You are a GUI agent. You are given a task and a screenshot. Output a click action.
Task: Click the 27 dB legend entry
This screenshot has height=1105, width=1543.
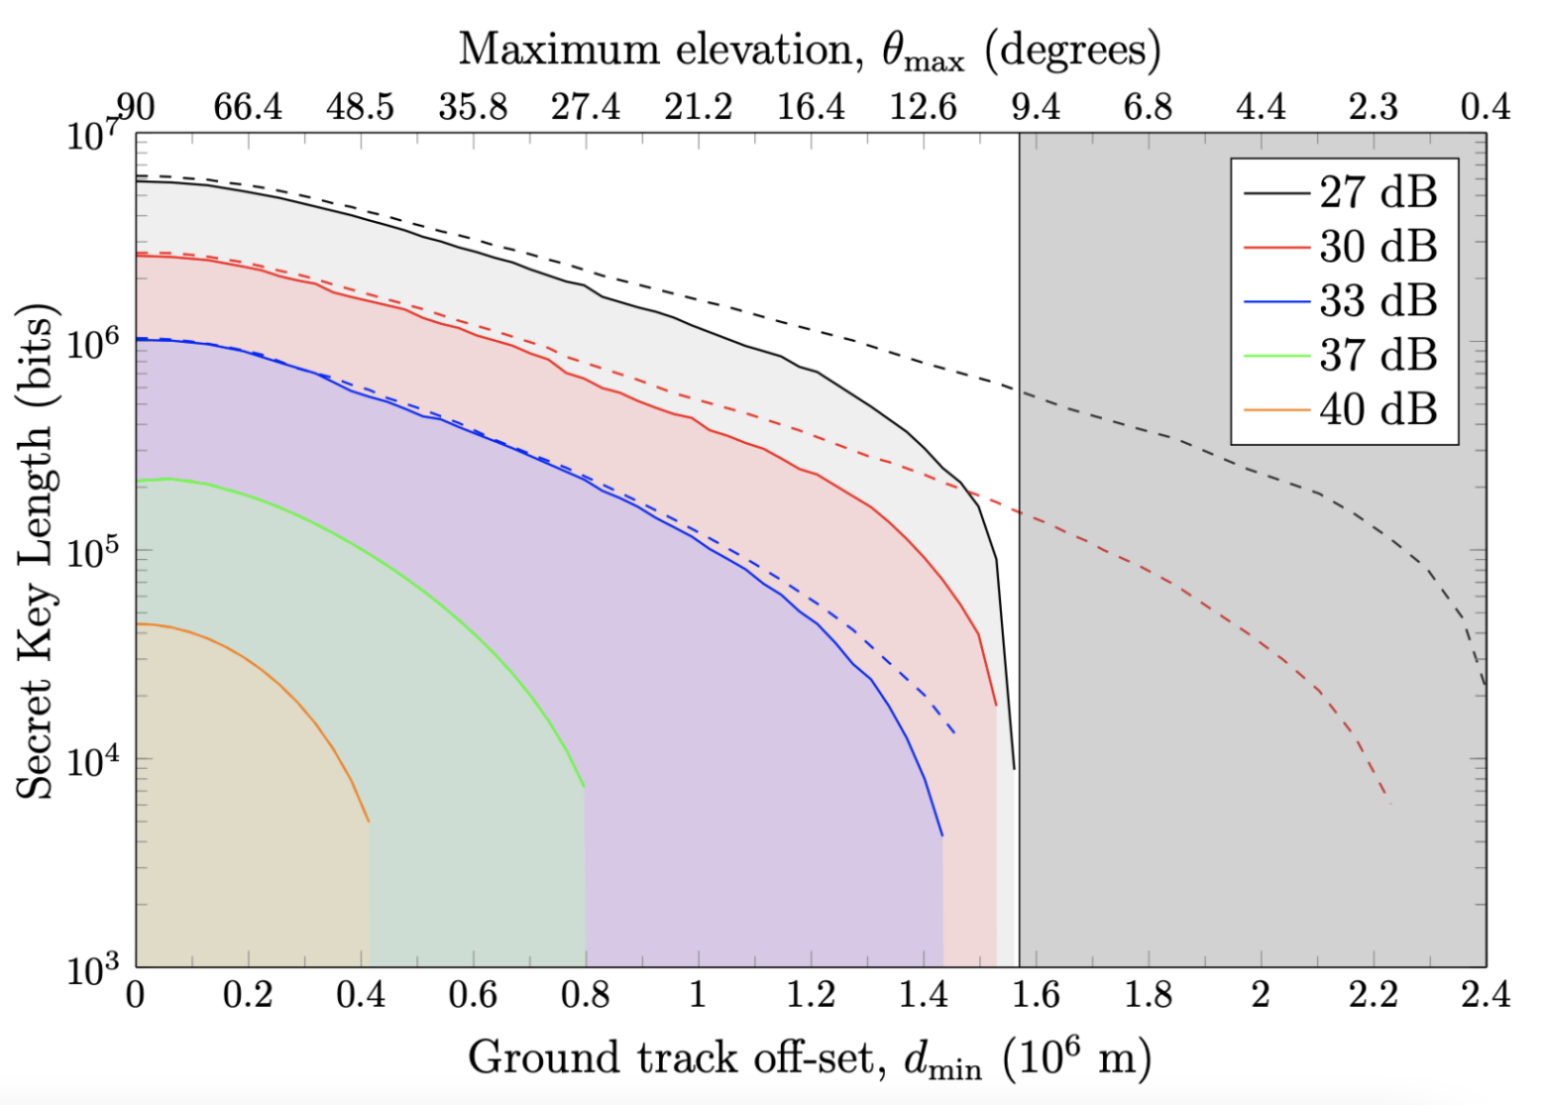coord(1343,192)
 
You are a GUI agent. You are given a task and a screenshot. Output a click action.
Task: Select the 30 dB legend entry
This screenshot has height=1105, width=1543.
coord(1343,247)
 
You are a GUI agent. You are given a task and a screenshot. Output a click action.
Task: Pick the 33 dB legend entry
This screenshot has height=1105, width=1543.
coord(1343,301)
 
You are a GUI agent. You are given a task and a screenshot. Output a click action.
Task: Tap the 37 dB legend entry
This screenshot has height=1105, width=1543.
coord(1343,355)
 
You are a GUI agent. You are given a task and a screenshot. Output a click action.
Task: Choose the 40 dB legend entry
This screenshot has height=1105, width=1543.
coord(1343,410)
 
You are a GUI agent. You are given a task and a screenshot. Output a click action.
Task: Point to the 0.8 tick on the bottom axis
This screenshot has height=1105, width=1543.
coord(586,995)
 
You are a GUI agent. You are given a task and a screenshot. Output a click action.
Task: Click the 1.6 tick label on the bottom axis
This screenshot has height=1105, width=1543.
coord(1035,995)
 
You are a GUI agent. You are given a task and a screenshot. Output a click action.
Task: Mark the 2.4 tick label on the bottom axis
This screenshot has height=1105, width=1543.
coord(1486,995)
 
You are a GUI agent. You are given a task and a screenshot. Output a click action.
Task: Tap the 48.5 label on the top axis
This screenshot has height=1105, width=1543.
coord(360,107)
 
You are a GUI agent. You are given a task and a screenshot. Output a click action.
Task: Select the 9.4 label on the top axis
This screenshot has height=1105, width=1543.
coord(1035,107)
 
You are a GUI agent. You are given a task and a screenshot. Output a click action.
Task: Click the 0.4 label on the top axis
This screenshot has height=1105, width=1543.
coord(1486,107)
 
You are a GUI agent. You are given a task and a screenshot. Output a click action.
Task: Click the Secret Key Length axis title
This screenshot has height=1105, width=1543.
coord(36,551)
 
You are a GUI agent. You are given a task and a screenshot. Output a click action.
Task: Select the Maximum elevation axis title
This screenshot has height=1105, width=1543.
coord(810,50)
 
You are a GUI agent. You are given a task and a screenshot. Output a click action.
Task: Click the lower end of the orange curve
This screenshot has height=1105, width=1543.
coord(369,821)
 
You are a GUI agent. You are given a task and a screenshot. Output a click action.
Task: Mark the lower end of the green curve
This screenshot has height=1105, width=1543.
coord(584,788)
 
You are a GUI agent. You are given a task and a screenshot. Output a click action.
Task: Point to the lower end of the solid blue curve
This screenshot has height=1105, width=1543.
coord(942,835)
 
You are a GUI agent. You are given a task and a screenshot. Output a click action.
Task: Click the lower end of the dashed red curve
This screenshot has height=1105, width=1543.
coord(1389,802)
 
